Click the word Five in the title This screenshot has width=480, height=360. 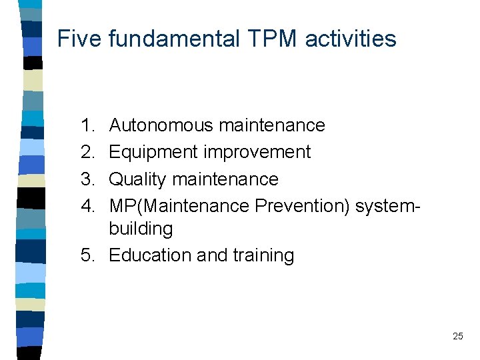[79, 39]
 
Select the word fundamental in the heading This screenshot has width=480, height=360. [173, 39]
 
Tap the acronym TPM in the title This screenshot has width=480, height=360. [273, 39]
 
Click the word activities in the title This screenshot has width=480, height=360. [351, 39]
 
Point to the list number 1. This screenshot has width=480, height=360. [87, 125]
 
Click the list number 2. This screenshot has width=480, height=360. [87, 152]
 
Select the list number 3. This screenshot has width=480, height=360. [87, 179]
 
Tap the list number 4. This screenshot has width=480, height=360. [87, 206]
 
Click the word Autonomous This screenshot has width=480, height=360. [160, 125]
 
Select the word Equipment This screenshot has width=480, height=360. [153, 153]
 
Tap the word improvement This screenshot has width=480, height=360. [257, 153]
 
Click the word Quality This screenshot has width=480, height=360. [137, 180]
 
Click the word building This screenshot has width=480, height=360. [141, 229]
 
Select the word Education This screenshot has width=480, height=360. [150, 255]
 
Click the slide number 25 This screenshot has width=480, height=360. [457, 337]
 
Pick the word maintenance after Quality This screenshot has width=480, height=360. [225, 179]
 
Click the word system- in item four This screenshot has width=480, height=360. [388, 207]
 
